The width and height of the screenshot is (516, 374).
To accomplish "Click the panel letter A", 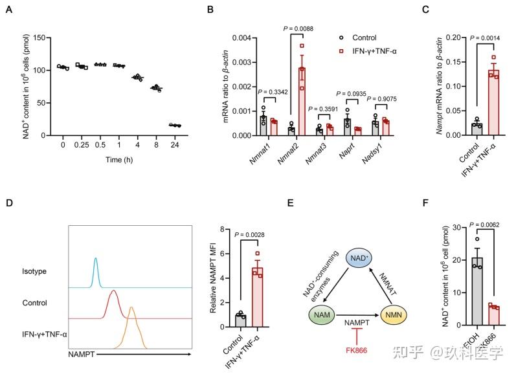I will click(9, 10).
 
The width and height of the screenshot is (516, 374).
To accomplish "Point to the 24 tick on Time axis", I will click(174, 145).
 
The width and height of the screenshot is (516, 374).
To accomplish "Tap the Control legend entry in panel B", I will click(368, 38).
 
